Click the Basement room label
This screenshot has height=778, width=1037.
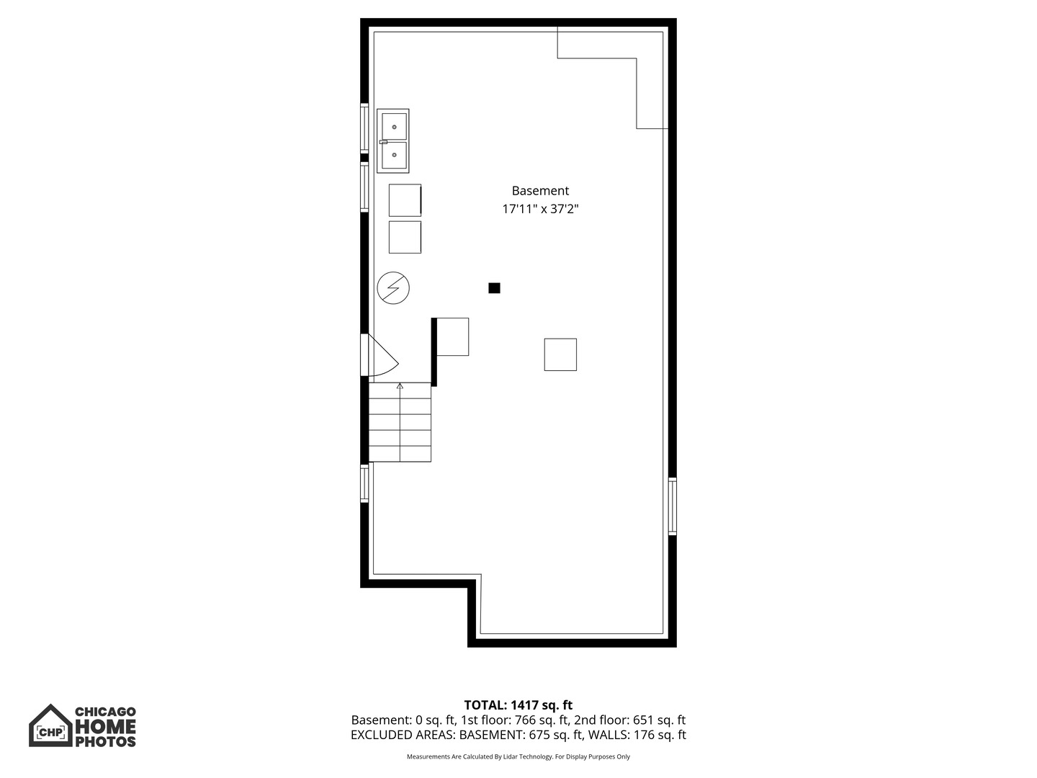[540, 191]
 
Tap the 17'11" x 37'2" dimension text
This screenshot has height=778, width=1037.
[540, 209]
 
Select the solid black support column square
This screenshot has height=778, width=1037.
[494, 287]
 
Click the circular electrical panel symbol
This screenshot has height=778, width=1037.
[393, 287]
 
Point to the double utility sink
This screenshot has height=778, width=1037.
[393, 140]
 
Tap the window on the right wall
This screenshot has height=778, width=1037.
[673, 506]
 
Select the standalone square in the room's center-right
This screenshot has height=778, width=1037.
[560, 354]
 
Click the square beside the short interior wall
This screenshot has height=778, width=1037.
[452, 337]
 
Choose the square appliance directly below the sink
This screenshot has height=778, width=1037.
[405, 200]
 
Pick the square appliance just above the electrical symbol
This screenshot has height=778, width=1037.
[405, 237]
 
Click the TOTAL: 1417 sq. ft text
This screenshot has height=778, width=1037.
[518, 705]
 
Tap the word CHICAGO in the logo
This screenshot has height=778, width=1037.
[106, 712]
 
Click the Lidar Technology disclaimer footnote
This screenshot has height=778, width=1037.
[518, 756]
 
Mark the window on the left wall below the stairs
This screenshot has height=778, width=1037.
[364, 483]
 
